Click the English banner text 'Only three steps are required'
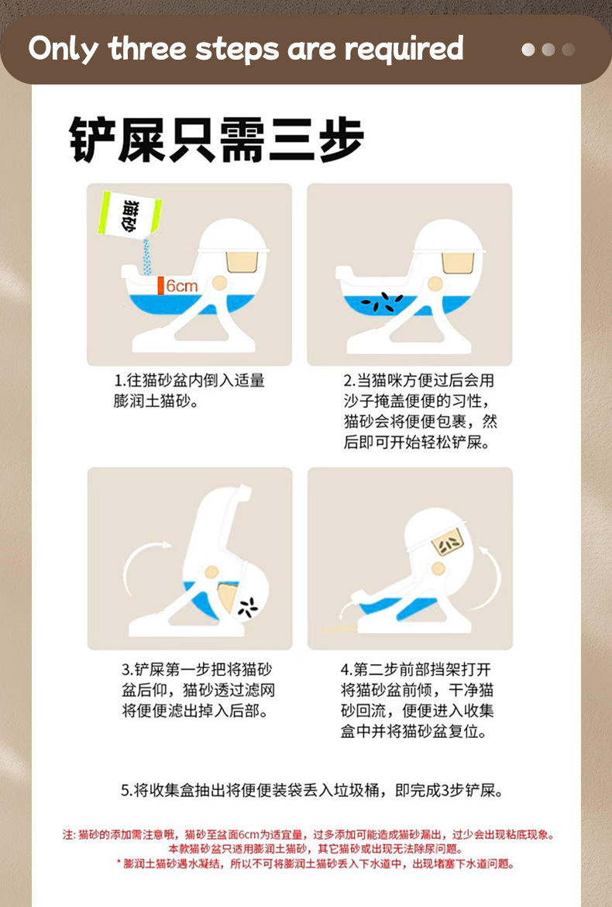coord(246,49)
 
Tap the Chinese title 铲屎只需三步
coord(217,140)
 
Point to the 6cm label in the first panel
coord(182,286)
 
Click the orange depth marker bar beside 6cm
coord(160,286)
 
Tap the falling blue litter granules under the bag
coord(146,258)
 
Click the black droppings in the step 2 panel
coord(381,302)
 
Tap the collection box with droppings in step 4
coord(449,543)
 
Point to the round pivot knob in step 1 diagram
coord(219,283)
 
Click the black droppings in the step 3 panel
coord(248,607)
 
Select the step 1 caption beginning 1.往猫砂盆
coord(189,391)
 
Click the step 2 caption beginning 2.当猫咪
coord(420,412)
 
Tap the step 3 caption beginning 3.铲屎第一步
coord(198,689)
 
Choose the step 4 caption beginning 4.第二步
coord(417,700)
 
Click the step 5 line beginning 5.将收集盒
coord(312,790)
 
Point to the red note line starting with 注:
coord(308,835)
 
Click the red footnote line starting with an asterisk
coord(315,864)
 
